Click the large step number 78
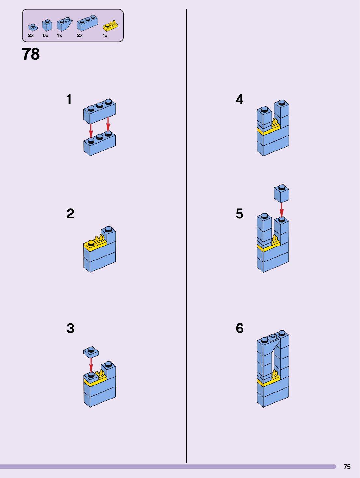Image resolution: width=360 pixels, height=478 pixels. [31, 54]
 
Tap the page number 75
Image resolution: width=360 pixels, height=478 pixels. [347, 467]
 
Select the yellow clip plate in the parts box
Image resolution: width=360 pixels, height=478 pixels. [110, 26]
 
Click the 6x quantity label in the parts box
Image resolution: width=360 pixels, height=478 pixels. [45, 35]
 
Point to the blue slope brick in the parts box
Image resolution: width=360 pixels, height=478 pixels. [64, 24]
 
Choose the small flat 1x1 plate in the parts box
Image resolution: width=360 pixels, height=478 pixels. [33, 27]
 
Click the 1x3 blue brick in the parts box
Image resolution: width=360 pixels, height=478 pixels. [88, 23]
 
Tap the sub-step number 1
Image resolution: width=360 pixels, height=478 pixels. [69, 100]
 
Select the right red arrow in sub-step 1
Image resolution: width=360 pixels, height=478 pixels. [108, 124]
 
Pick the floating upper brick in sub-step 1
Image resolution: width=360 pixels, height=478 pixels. [100, 111]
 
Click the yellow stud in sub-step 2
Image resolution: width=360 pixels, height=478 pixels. [91, 243]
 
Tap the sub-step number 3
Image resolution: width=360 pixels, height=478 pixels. [70, 328]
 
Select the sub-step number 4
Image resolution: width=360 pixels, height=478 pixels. [240, 100]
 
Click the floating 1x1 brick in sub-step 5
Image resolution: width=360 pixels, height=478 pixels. [282, 194]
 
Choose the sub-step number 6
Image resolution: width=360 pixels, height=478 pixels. [240, 328]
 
